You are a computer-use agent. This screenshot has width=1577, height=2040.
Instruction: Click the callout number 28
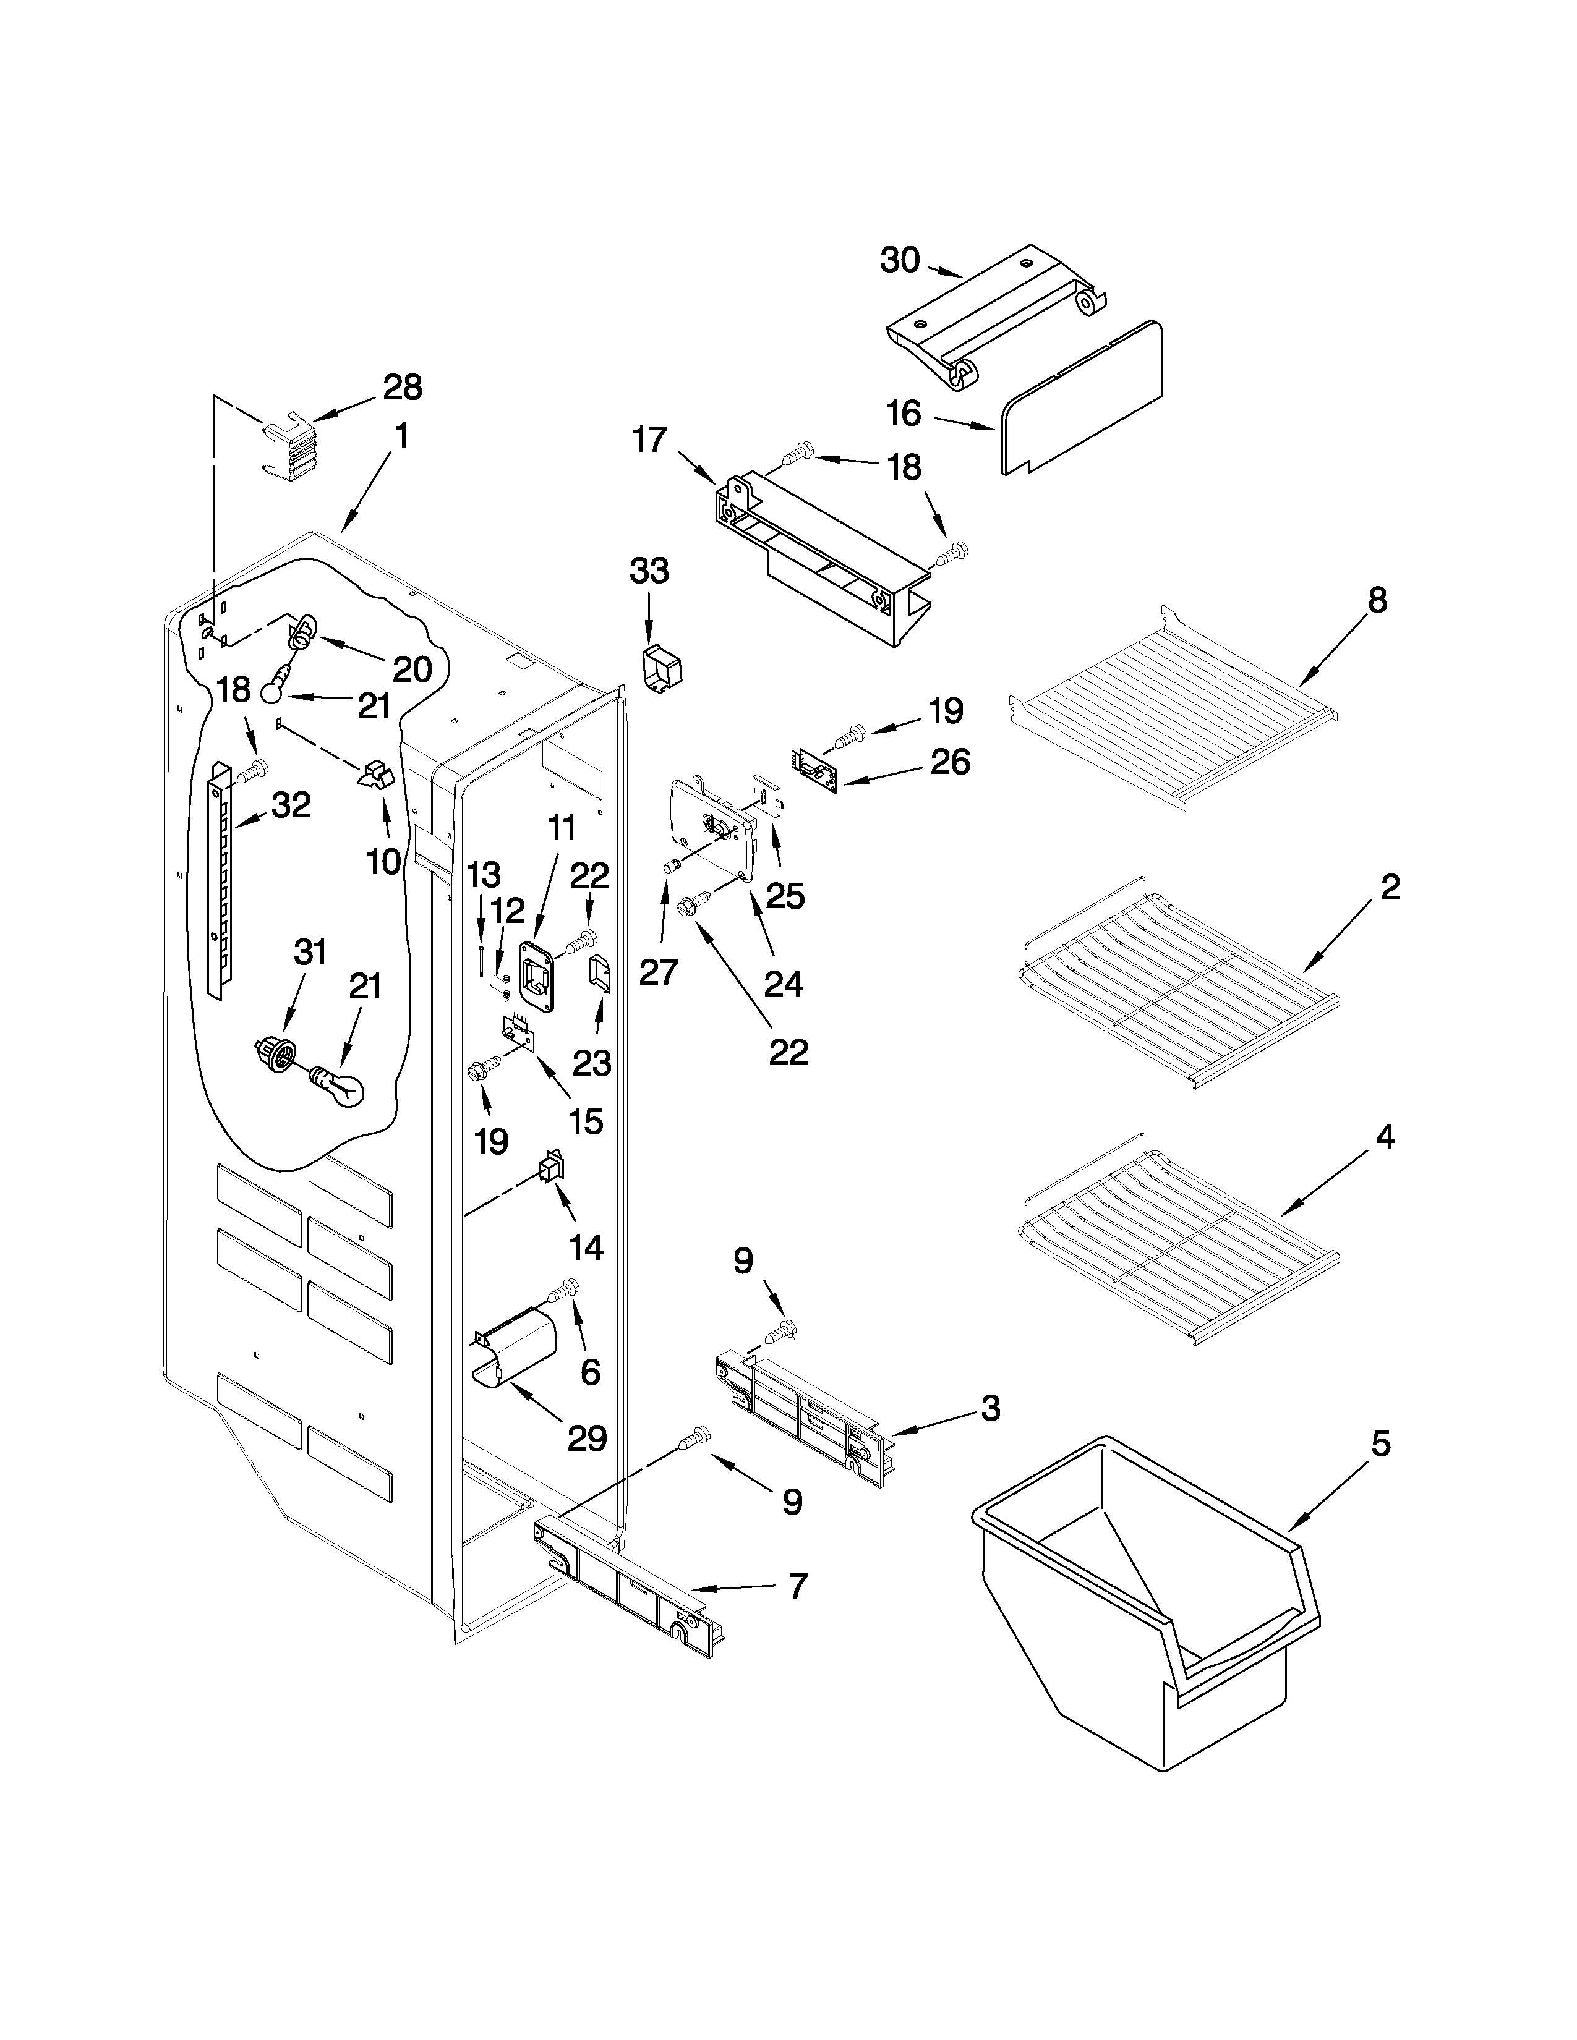pyautogui.click(x=402, y=387)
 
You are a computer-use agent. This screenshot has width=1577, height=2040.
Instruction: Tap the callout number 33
pyautogui.click(x=649, y=570)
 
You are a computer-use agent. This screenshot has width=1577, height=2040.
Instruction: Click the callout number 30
pyautogui.click(x=900, y=261)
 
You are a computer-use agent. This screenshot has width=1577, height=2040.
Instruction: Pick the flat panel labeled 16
pyautogui.click(x=1083, y=397)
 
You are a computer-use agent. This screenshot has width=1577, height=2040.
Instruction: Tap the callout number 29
pyautogui.click(x=587, y=1439)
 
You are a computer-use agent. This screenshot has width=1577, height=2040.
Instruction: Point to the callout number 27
pyautogui.click(x=658, y=972)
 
